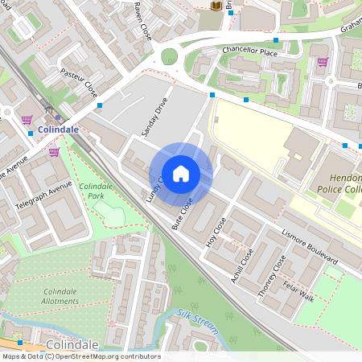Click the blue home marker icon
[x=181, y=173]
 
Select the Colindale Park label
[x=96, y=191]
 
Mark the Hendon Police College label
[x=339, y=182]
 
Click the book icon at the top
[x=216, y=6]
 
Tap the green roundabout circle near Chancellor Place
[x=169, y=57]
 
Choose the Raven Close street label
[x=142, y=20]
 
